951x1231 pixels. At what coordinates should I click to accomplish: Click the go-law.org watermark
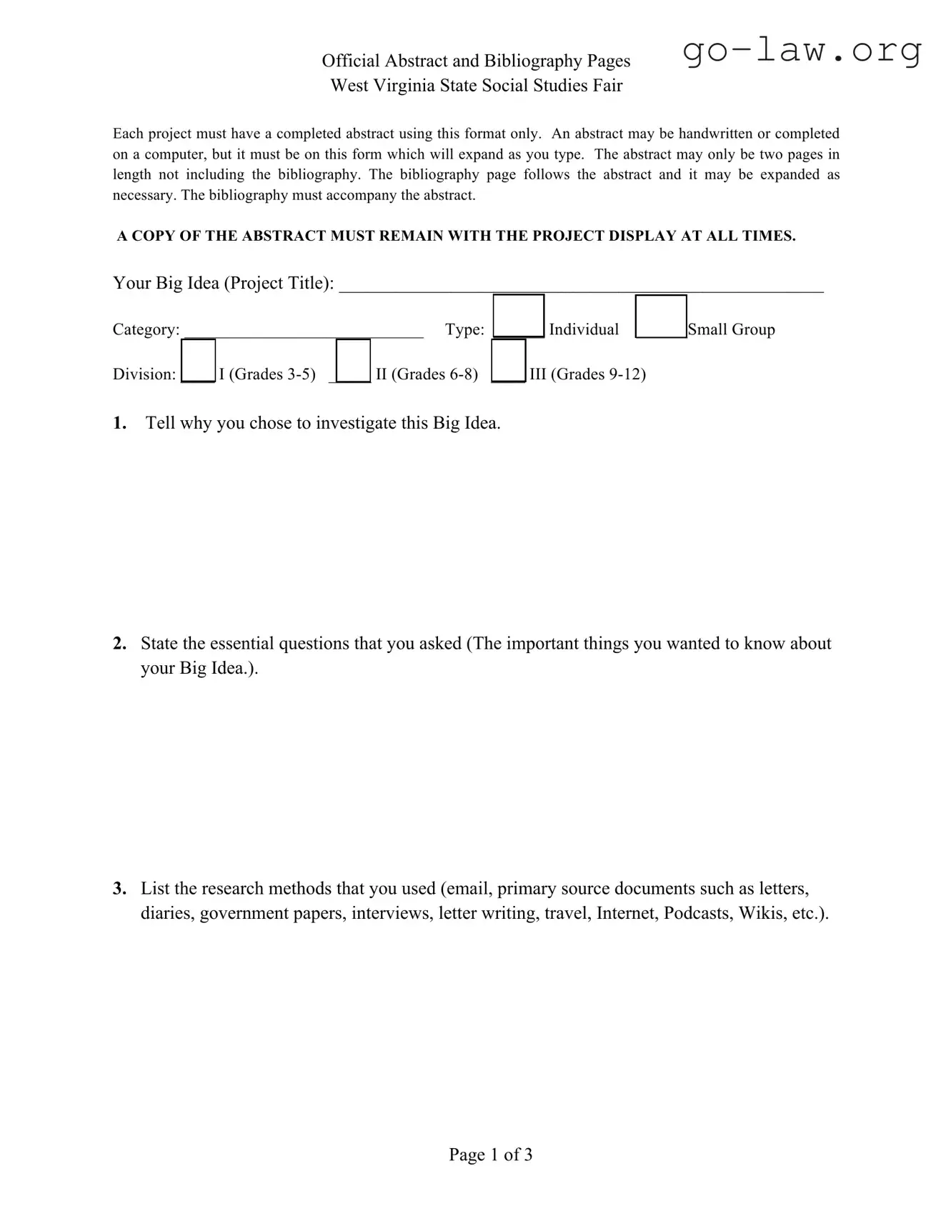pyautogui.click(x=802, y=51)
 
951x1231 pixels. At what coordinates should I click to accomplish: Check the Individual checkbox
pyautogui.click(x=519, y=315)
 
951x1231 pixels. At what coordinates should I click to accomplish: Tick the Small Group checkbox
pyautogui.click(x=660, y=316)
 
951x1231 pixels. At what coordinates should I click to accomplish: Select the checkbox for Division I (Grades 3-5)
pyautogui.click(x=198, y=361)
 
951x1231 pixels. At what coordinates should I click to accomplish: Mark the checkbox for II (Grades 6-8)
pyautogui.click(x=353, y=361)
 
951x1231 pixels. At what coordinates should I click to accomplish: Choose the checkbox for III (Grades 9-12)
pyautogui.click(x=509, y=361)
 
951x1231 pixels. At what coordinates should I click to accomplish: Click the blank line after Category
pyautogui.click(x=304, y=333)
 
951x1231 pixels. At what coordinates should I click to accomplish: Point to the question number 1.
pyautogui.click(x=119, y=423)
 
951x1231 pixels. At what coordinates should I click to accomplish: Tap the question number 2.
pyautogui.click(x=119, y=644)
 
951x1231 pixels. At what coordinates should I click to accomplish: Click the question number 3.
pyautogui.click(x=119, y=889)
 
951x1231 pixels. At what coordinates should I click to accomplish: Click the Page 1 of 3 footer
pyautogui.click(x=490, y=1155)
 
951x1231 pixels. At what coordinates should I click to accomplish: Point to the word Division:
pyautogui.click(x=144, y=374)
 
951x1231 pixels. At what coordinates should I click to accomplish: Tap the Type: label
pyautogui.click(x=464, y=329)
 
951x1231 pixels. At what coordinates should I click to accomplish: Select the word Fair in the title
pyautogui.click(x=607, y=86)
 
